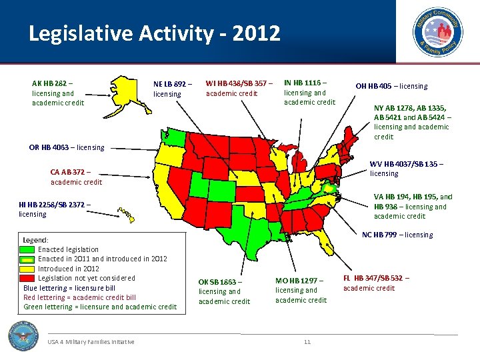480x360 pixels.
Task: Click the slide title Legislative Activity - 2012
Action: [155, 33]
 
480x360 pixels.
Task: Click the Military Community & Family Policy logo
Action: [437, 32]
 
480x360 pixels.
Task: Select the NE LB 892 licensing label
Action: [172, 89]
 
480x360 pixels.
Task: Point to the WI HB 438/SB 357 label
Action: [239, 88]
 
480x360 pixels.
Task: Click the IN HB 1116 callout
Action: [309, 92]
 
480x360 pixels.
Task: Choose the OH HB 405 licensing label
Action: [391, 86]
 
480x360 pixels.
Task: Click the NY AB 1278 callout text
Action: [412, 122]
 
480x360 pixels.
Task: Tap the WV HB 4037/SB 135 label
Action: [407, 168]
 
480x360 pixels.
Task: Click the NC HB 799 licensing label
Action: [397, 235]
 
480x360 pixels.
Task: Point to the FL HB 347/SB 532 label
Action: [376, 283]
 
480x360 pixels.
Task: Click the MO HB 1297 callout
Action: [301, 290]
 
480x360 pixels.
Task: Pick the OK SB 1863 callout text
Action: [225, 291]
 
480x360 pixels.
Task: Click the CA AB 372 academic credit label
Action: [76, 177]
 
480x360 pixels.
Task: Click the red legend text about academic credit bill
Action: [79, 297]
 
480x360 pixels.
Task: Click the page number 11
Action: [307, 342]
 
